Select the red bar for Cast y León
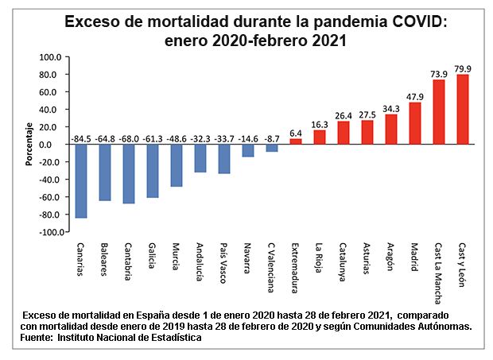tap(462, 109)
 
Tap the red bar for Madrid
tap(414, 123)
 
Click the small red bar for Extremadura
tap(296, 141)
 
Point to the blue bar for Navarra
tap(248, 150)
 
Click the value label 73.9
tap(438, 73)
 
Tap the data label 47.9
tap(414, 96)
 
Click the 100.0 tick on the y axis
tap(51, 57)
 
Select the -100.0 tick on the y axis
tap(49, 232)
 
